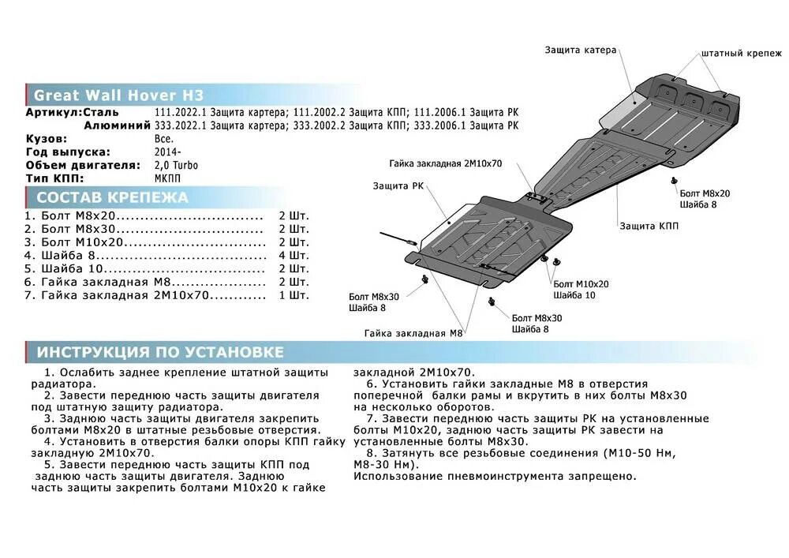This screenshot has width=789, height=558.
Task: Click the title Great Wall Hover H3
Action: tap(118, 95)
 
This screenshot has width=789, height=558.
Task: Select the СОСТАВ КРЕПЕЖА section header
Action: tap(112, 197)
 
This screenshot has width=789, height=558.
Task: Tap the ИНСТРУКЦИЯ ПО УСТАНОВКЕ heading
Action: tap(159, 352)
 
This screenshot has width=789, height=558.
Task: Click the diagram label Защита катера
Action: tap(580, 50)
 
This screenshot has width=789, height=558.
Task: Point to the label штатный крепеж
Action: tap(741, 54)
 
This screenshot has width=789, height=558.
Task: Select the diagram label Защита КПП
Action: tap(649, 226)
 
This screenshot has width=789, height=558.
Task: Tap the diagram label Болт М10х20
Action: tap(581, 283)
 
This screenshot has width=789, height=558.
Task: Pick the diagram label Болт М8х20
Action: tap(704, 193)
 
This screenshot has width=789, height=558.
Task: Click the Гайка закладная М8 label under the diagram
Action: tap(413, 333)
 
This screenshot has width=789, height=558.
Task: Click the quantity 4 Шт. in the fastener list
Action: tap(294, 256)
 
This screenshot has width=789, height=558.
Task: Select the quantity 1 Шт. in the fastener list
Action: tap(294, 295)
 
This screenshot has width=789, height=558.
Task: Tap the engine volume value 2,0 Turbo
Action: tap(177, 166)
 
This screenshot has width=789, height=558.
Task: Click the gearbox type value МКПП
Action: tap(170, 179)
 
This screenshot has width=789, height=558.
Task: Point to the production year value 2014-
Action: tap(168, 152)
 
